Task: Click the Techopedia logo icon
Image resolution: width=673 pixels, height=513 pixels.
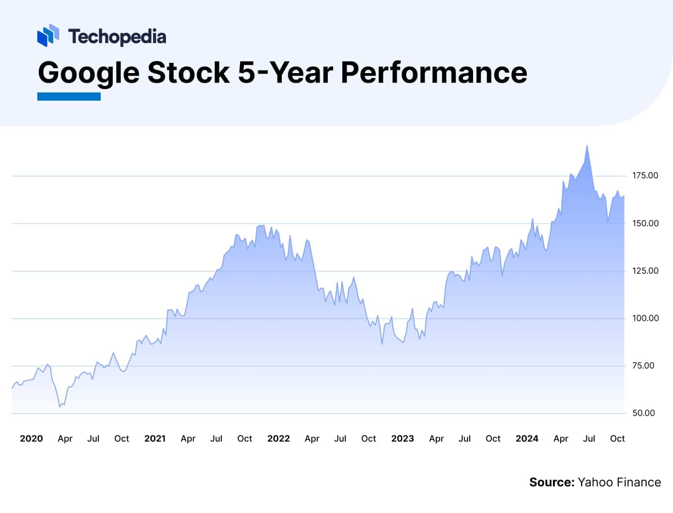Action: (48, 35)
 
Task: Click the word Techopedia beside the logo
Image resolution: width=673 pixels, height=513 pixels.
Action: (117, 37)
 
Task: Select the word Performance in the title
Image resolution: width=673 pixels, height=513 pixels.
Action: (434, 73)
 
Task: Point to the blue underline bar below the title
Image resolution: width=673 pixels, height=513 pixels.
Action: (69, 97)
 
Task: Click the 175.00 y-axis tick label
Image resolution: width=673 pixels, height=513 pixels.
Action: (645, 176)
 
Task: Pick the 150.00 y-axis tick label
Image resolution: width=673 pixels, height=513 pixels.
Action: (645, 223)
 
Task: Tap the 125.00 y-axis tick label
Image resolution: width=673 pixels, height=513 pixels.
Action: (645, 271)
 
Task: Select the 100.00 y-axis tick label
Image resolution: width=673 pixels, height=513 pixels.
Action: (645, 318)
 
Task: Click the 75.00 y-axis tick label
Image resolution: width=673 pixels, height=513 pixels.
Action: (643, 365)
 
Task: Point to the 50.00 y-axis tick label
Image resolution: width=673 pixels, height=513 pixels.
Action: (643, 413)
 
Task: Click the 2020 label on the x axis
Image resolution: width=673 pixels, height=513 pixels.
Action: (31, 438)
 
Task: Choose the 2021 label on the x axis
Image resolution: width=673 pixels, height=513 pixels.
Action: (155, 438)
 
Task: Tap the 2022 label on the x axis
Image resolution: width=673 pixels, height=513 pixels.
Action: (278, 438)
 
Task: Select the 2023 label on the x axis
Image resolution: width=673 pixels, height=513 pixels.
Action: (402, 438)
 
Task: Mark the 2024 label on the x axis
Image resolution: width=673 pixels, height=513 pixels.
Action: (527, 438)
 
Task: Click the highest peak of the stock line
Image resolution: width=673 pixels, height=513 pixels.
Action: (587, 146)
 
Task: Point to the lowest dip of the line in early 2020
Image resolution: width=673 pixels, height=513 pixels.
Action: (60, 407)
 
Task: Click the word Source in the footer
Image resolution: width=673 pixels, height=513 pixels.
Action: (551, 482)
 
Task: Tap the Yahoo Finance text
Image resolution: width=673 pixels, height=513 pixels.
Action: (619, 482)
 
